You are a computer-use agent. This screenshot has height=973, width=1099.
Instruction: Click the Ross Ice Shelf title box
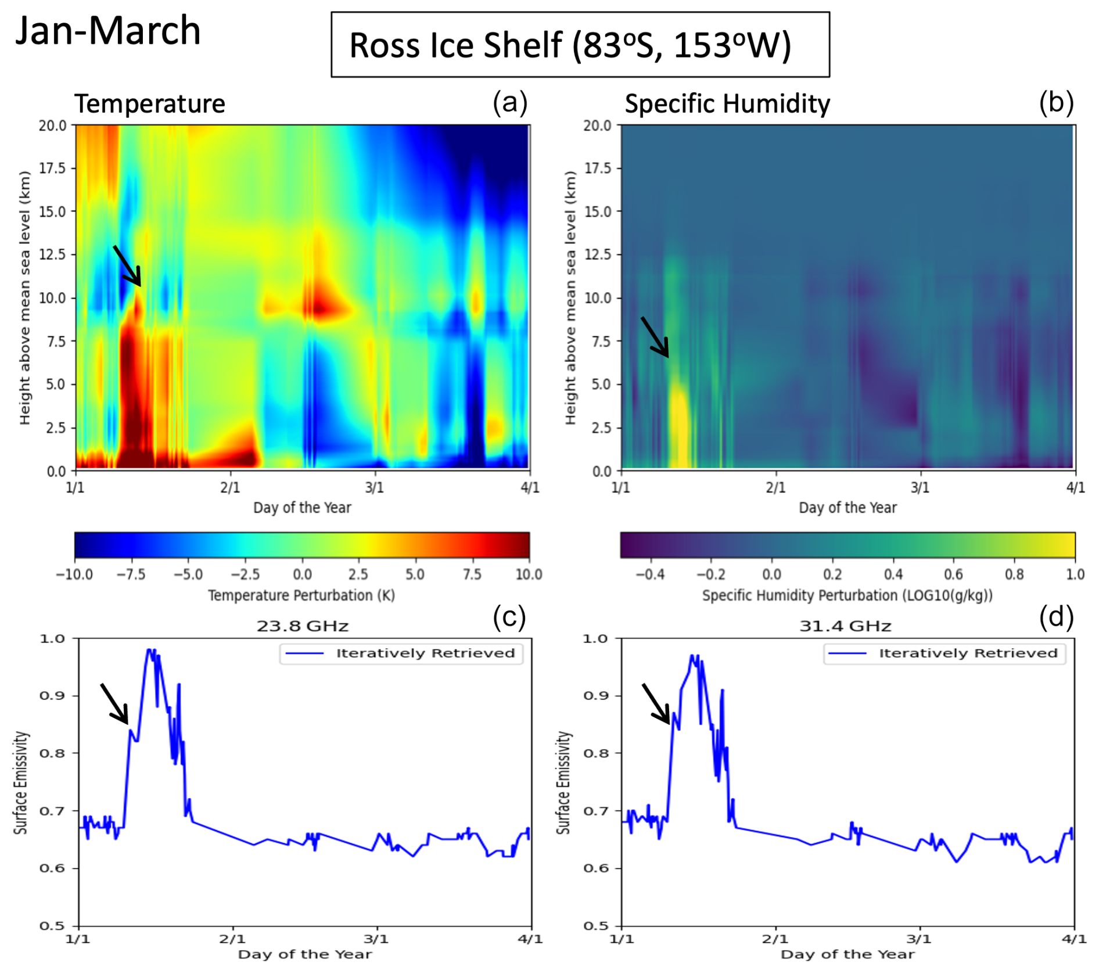pos(580,45)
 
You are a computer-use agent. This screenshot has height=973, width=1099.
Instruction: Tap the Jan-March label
pos(108,30)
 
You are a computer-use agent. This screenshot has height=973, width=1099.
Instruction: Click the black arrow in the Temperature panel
pos(127,266)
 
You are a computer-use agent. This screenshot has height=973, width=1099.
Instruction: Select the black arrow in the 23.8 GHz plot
pos(114,703)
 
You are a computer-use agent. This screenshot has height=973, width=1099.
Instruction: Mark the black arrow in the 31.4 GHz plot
pos(656,703)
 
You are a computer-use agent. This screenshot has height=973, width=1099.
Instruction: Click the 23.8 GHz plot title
pos(303,626)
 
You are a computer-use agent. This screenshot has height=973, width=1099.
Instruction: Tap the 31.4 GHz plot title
pos(845,626)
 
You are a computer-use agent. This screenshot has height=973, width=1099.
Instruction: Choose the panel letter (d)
pos(1056,617)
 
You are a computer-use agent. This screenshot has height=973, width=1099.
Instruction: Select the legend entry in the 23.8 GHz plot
pos(401,654)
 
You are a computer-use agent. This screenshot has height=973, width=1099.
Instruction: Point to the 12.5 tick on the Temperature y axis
pos(53,254)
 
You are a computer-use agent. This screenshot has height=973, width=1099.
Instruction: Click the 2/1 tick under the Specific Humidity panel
pos(775,487)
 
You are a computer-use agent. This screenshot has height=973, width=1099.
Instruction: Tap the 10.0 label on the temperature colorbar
pos(529,575)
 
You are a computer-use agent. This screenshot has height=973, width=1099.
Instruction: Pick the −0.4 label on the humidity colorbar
pos(650,575)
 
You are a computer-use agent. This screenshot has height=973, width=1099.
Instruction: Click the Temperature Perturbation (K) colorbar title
pos(301,595)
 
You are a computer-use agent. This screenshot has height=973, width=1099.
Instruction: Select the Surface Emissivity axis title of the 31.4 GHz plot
pos(563,782)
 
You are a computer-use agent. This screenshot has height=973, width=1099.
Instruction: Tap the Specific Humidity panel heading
pos(727,104)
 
